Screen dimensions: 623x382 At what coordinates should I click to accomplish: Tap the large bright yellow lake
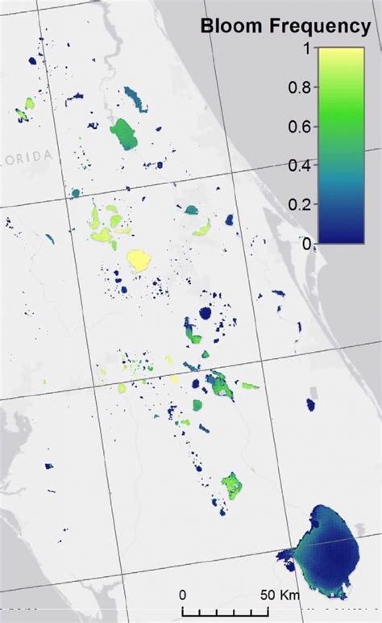click(139, 260)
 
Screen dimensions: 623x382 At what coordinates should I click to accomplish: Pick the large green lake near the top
click(124, 134)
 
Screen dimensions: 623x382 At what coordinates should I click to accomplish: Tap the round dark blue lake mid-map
click(206, 313)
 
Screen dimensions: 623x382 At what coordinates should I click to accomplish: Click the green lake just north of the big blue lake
click(232, 483)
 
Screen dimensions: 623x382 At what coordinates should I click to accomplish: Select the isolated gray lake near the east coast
click(311, 403)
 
